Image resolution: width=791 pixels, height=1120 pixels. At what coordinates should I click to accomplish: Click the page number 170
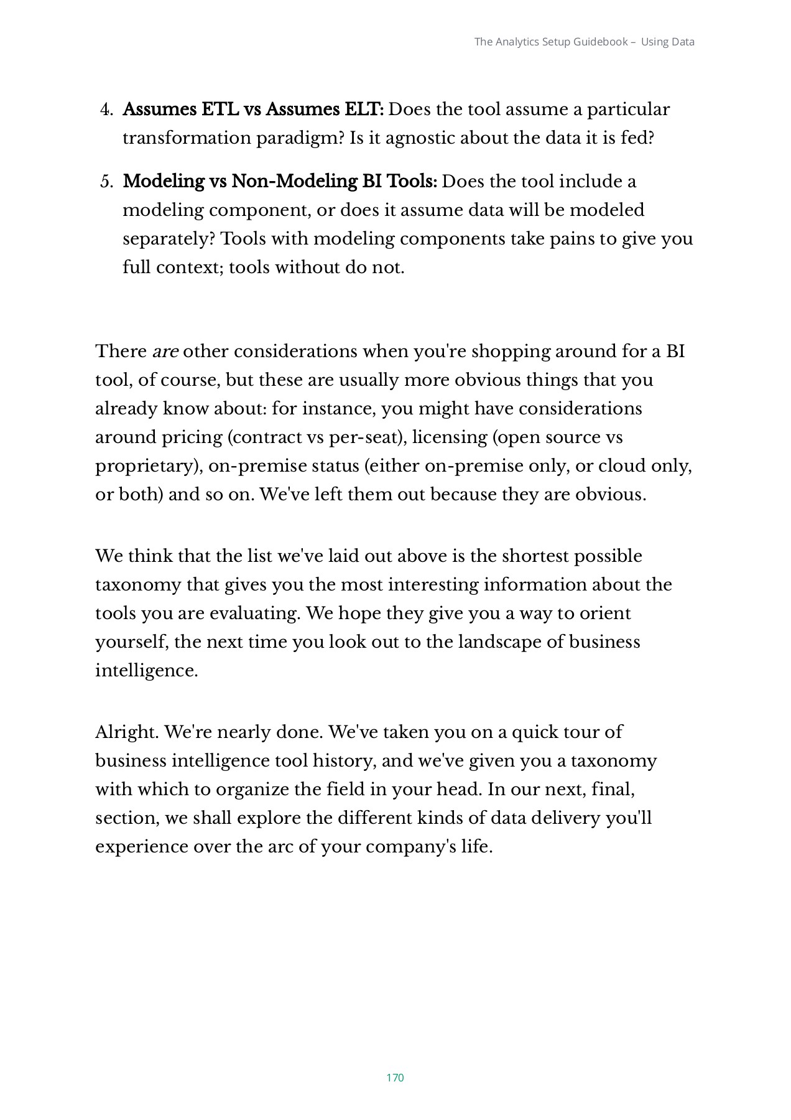(x=395, y=1078)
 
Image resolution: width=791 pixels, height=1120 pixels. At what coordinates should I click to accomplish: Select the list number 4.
(x=106, y=110)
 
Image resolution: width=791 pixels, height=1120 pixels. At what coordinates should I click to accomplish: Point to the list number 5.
(x=106, y=182)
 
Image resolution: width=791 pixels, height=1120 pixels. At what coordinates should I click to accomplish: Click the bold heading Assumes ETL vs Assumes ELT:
(x=253, y=110)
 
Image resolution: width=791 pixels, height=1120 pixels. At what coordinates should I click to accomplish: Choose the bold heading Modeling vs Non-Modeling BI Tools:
(x=280, y=182)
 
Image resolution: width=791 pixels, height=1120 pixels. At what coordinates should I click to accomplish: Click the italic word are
(x=165, y=352)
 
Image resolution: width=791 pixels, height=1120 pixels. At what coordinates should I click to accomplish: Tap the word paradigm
(x=300, y=138)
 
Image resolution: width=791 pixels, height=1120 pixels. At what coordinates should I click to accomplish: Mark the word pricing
(x=192, y=437)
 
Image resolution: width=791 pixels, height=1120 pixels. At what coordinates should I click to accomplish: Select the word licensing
(x=450, y=437)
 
